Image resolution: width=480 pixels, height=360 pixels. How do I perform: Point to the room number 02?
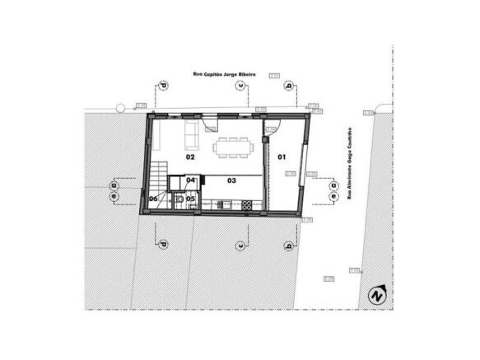(189, 156)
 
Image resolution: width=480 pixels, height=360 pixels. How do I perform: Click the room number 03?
(231, 180)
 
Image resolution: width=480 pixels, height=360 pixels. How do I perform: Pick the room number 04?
(190, 180)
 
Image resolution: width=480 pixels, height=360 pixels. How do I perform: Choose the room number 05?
(190, 198)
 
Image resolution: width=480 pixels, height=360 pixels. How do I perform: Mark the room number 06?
(154, 198)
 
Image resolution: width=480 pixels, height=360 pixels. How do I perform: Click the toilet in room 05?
(179, 198)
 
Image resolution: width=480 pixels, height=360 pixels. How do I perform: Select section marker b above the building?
(288, 86)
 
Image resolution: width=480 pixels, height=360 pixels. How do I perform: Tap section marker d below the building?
(162, 244)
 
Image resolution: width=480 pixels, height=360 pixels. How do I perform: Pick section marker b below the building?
(288, 245)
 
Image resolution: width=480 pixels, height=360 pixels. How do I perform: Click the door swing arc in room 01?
(274, 127)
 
